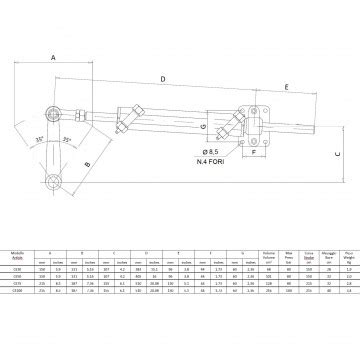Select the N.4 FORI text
[x=211, y=161]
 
